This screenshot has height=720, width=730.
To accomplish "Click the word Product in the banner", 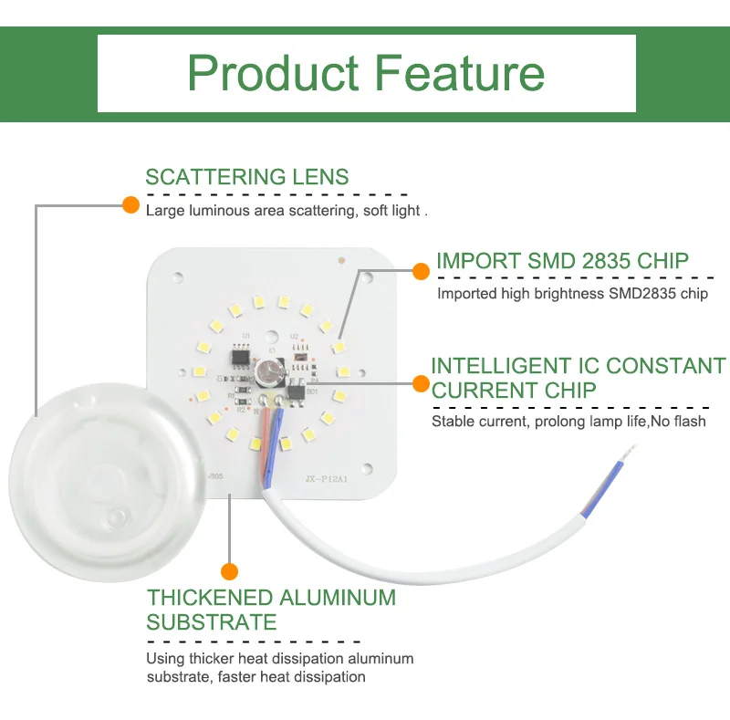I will [274, 73].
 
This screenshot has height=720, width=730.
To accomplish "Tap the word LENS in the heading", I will [319, 177].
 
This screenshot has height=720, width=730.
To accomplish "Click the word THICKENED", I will [210, 599].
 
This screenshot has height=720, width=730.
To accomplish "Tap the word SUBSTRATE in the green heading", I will [211, 622].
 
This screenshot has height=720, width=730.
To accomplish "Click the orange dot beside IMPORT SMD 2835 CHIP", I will [421, 271].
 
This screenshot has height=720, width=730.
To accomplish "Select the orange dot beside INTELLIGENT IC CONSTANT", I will [421, 384].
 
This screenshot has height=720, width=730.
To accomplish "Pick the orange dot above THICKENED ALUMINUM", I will [230, 571].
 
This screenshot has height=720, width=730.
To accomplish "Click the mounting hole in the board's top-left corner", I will [180, 271].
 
